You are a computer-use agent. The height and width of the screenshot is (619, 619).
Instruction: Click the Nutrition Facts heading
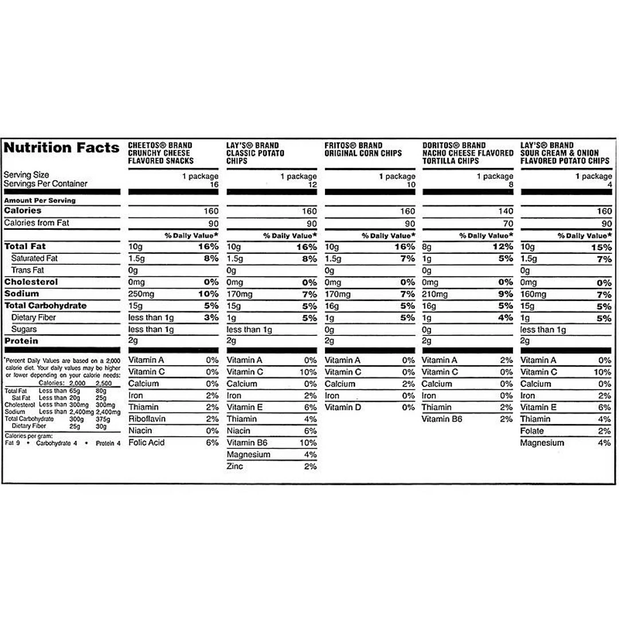[x=61, y=148]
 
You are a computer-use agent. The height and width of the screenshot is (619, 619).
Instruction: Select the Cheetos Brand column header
[x=160, y=153]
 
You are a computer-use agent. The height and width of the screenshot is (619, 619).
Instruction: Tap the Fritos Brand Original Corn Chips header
[x=363, y=150]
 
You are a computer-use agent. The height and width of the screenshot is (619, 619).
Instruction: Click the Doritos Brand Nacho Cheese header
[x=468, y=153]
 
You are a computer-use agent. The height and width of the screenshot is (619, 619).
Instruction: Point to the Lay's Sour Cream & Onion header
[x=566, y=153]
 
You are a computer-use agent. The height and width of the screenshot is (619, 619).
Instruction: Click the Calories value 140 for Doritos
[x=506, y=211]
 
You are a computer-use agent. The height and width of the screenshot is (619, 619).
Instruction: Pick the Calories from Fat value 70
[x=508, y=224]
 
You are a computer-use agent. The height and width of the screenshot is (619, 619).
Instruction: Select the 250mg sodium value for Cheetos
[x=142, y=294]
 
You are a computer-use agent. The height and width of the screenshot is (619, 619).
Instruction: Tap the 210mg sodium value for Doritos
[x=435, y=294]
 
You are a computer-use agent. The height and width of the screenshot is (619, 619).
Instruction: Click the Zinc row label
[x=235, y=467]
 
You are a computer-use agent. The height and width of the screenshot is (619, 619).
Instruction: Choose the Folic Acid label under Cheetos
[x=146, y=442]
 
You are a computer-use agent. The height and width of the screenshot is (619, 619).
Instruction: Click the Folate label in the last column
[x=532, y=431]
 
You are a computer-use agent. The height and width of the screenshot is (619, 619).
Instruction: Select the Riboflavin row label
[x=147, y=419]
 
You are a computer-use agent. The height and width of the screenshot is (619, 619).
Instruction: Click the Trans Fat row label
[x=28, y=270]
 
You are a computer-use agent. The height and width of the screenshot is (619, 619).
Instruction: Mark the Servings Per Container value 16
[x=214, y=185]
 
